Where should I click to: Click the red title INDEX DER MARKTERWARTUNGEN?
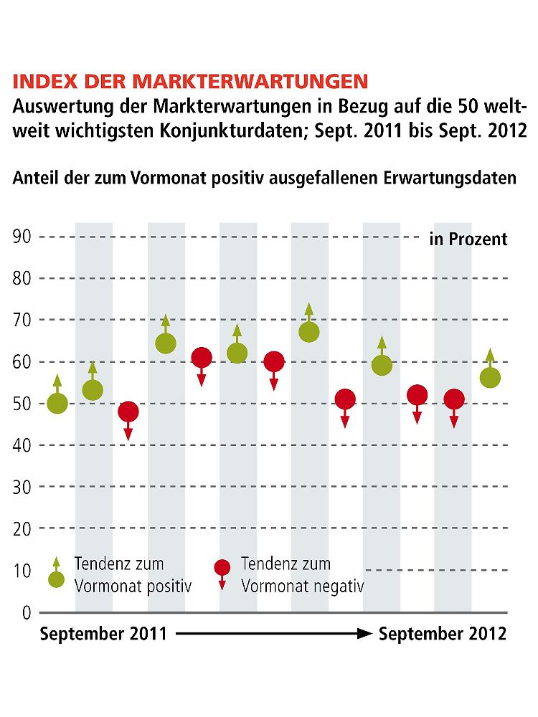190,80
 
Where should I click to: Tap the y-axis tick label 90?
22,237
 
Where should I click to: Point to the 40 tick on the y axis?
22,445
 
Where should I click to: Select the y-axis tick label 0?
27,612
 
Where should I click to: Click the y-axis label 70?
22,320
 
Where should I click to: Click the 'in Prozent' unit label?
468,239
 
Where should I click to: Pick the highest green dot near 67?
309,332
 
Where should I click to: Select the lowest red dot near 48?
128,412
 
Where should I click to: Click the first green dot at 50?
57,404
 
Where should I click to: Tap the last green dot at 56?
490,378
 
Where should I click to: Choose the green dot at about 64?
166,343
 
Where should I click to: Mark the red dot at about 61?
202,357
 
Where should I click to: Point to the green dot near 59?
382,366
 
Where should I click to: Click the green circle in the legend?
57,579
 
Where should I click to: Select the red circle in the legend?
222,568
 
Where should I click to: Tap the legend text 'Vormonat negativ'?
302,586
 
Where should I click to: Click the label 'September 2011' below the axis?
103,634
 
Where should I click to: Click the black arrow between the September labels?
273,634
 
